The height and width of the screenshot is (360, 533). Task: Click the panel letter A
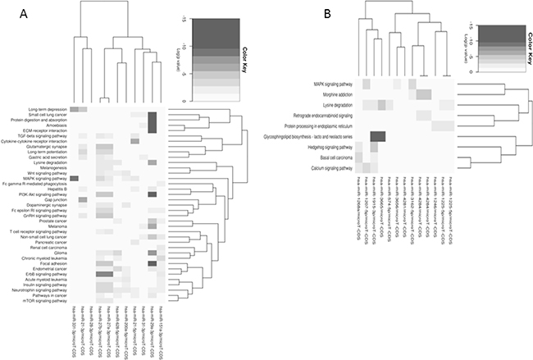9,15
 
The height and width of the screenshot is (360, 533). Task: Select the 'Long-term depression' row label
45,108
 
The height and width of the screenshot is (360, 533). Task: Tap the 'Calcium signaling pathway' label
328,170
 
